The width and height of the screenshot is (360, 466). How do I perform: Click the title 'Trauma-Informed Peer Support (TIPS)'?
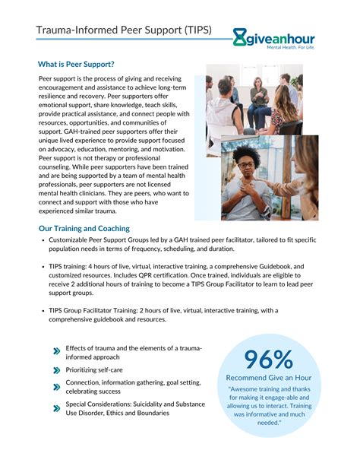click(x=125, y=30)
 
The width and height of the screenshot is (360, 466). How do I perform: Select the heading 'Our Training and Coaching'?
click(x=84, y=228)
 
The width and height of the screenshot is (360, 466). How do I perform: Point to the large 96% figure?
click(x=268, y=360)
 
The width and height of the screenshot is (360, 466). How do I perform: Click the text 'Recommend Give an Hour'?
click(x=270, y=378)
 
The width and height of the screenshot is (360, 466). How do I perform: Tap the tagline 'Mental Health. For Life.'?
click(x=289, y=46)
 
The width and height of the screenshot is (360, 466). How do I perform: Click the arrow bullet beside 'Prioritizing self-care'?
click(x=56, y=369)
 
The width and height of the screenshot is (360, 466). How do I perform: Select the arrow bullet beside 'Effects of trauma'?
click(x=56, y=352)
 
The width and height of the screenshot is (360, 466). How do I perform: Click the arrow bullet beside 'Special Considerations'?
click(x=56, y=408)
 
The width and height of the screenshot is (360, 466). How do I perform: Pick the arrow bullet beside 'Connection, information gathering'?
click(x=56, y=387)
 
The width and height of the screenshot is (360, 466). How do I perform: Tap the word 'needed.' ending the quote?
click(x=268, y=423)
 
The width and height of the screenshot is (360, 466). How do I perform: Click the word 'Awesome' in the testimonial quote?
click(x=249, y=390)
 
